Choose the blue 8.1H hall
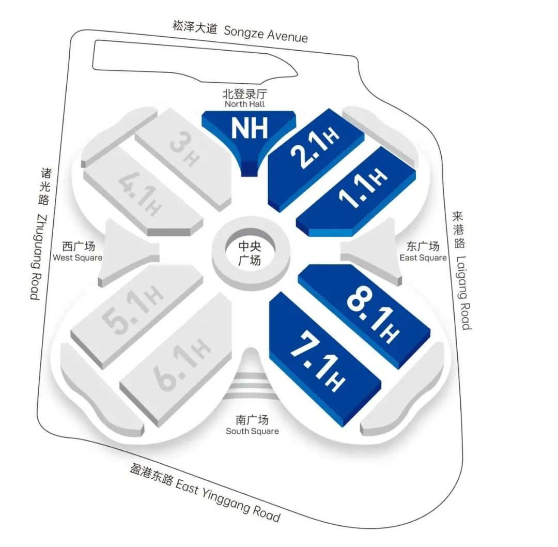(x=365, y=315)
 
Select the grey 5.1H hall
(x=137, y=315)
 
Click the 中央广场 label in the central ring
(x=250, y=253)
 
